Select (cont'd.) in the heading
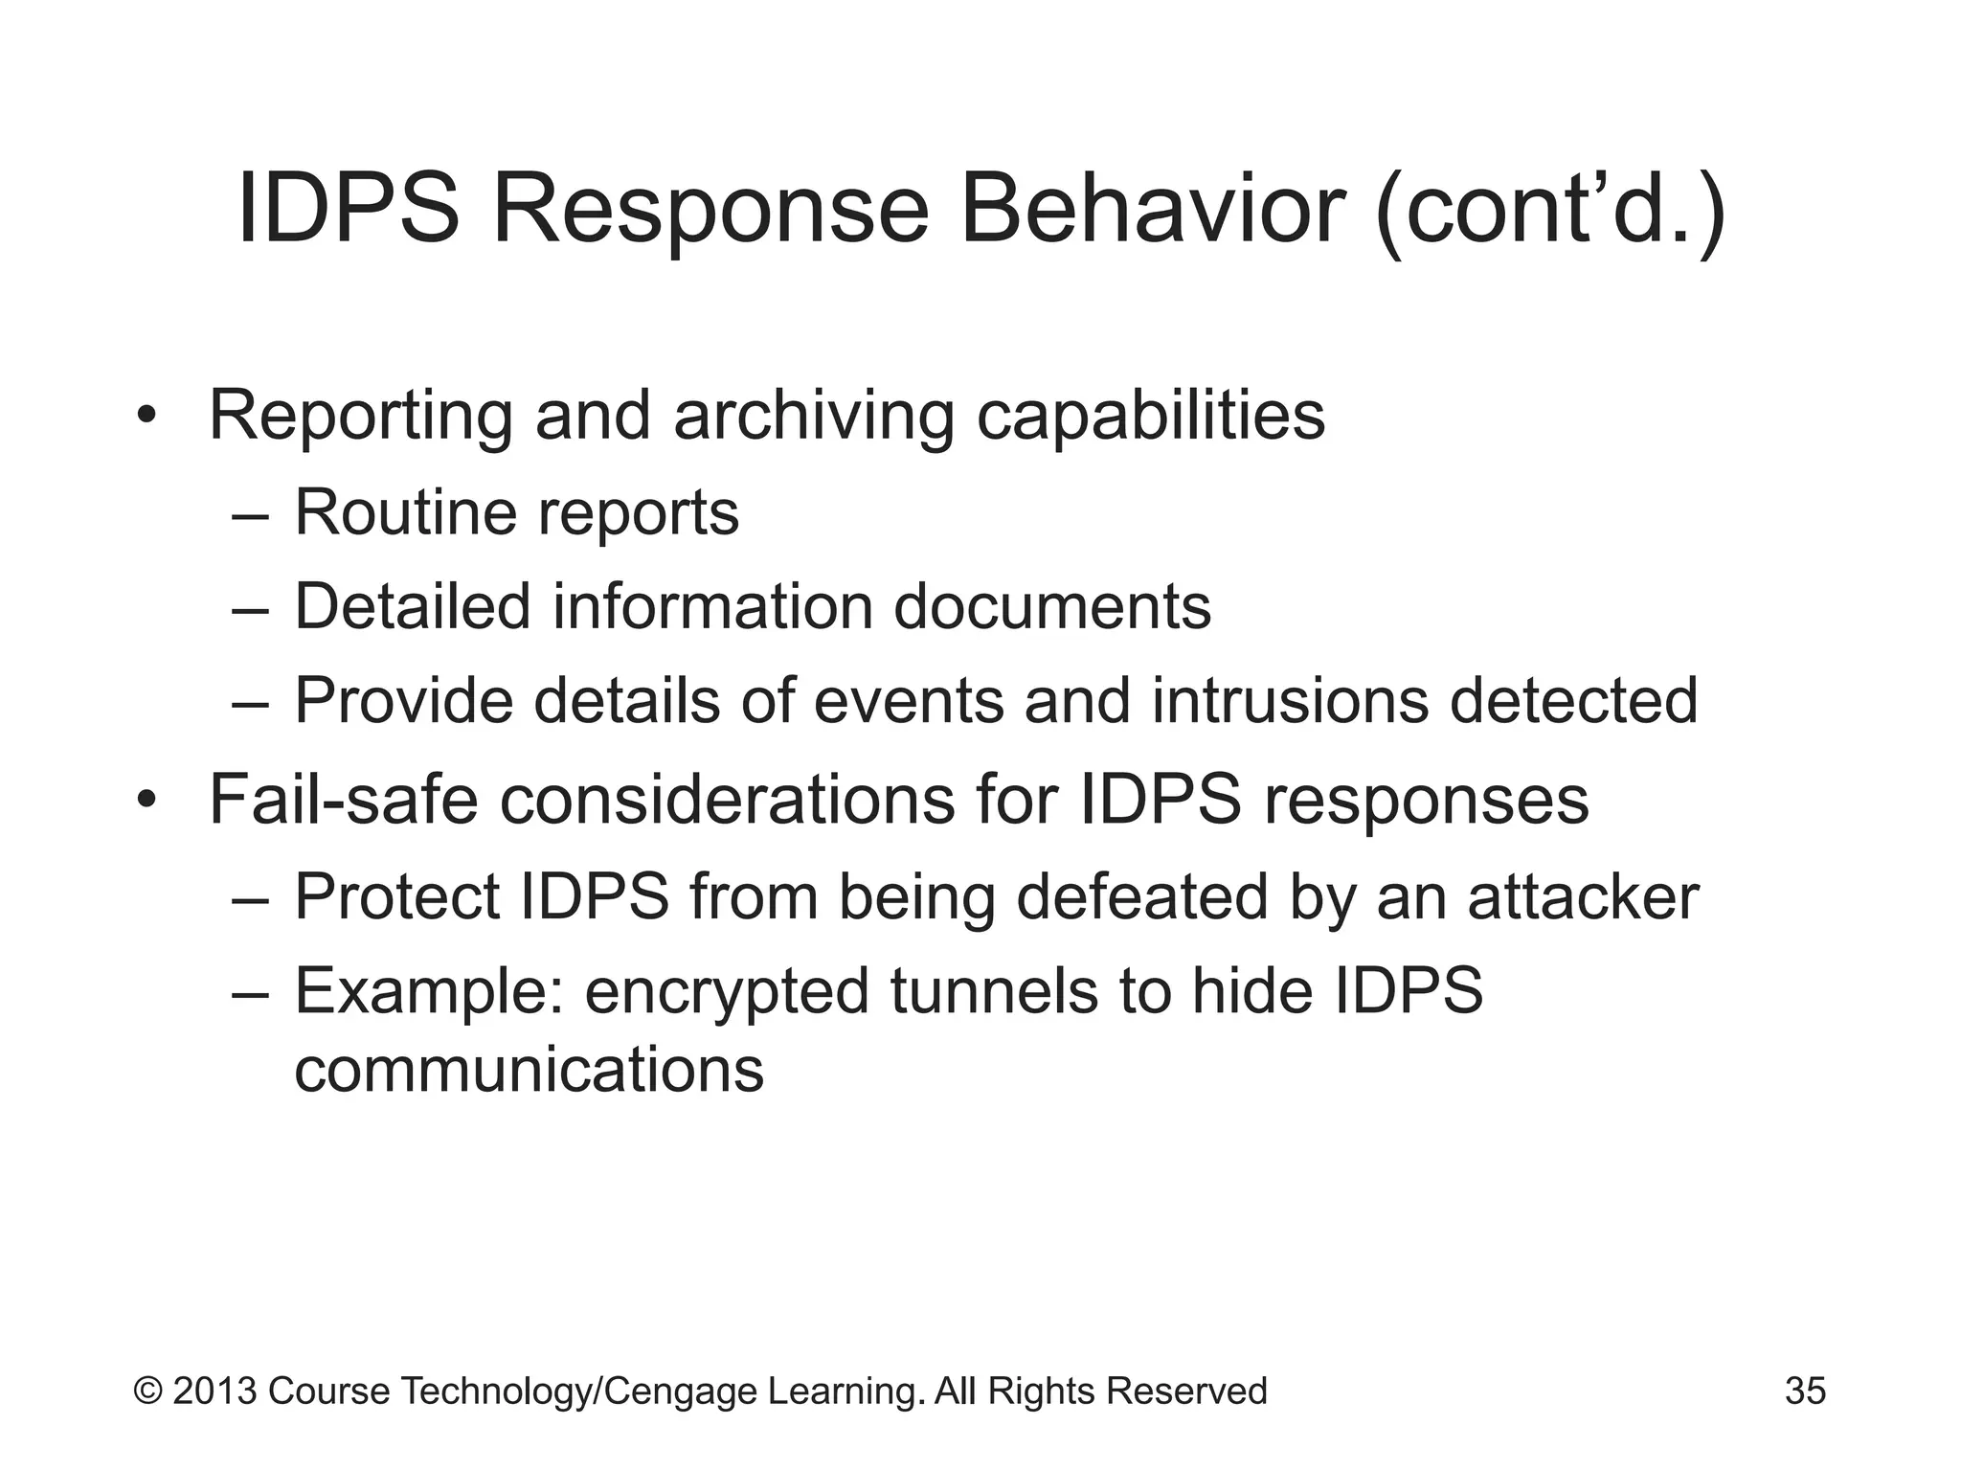pos(1551,213)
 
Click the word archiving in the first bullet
pos(813,417)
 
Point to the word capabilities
pos(1150,417)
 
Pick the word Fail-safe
pos(343,800)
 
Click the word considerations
pos(727,800)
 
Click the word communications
pos(529,1070)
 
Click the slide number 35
pos(1805,1391)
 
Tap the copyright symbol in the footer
pos(148,1391)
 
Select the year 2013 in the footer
pos(214,1391)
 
